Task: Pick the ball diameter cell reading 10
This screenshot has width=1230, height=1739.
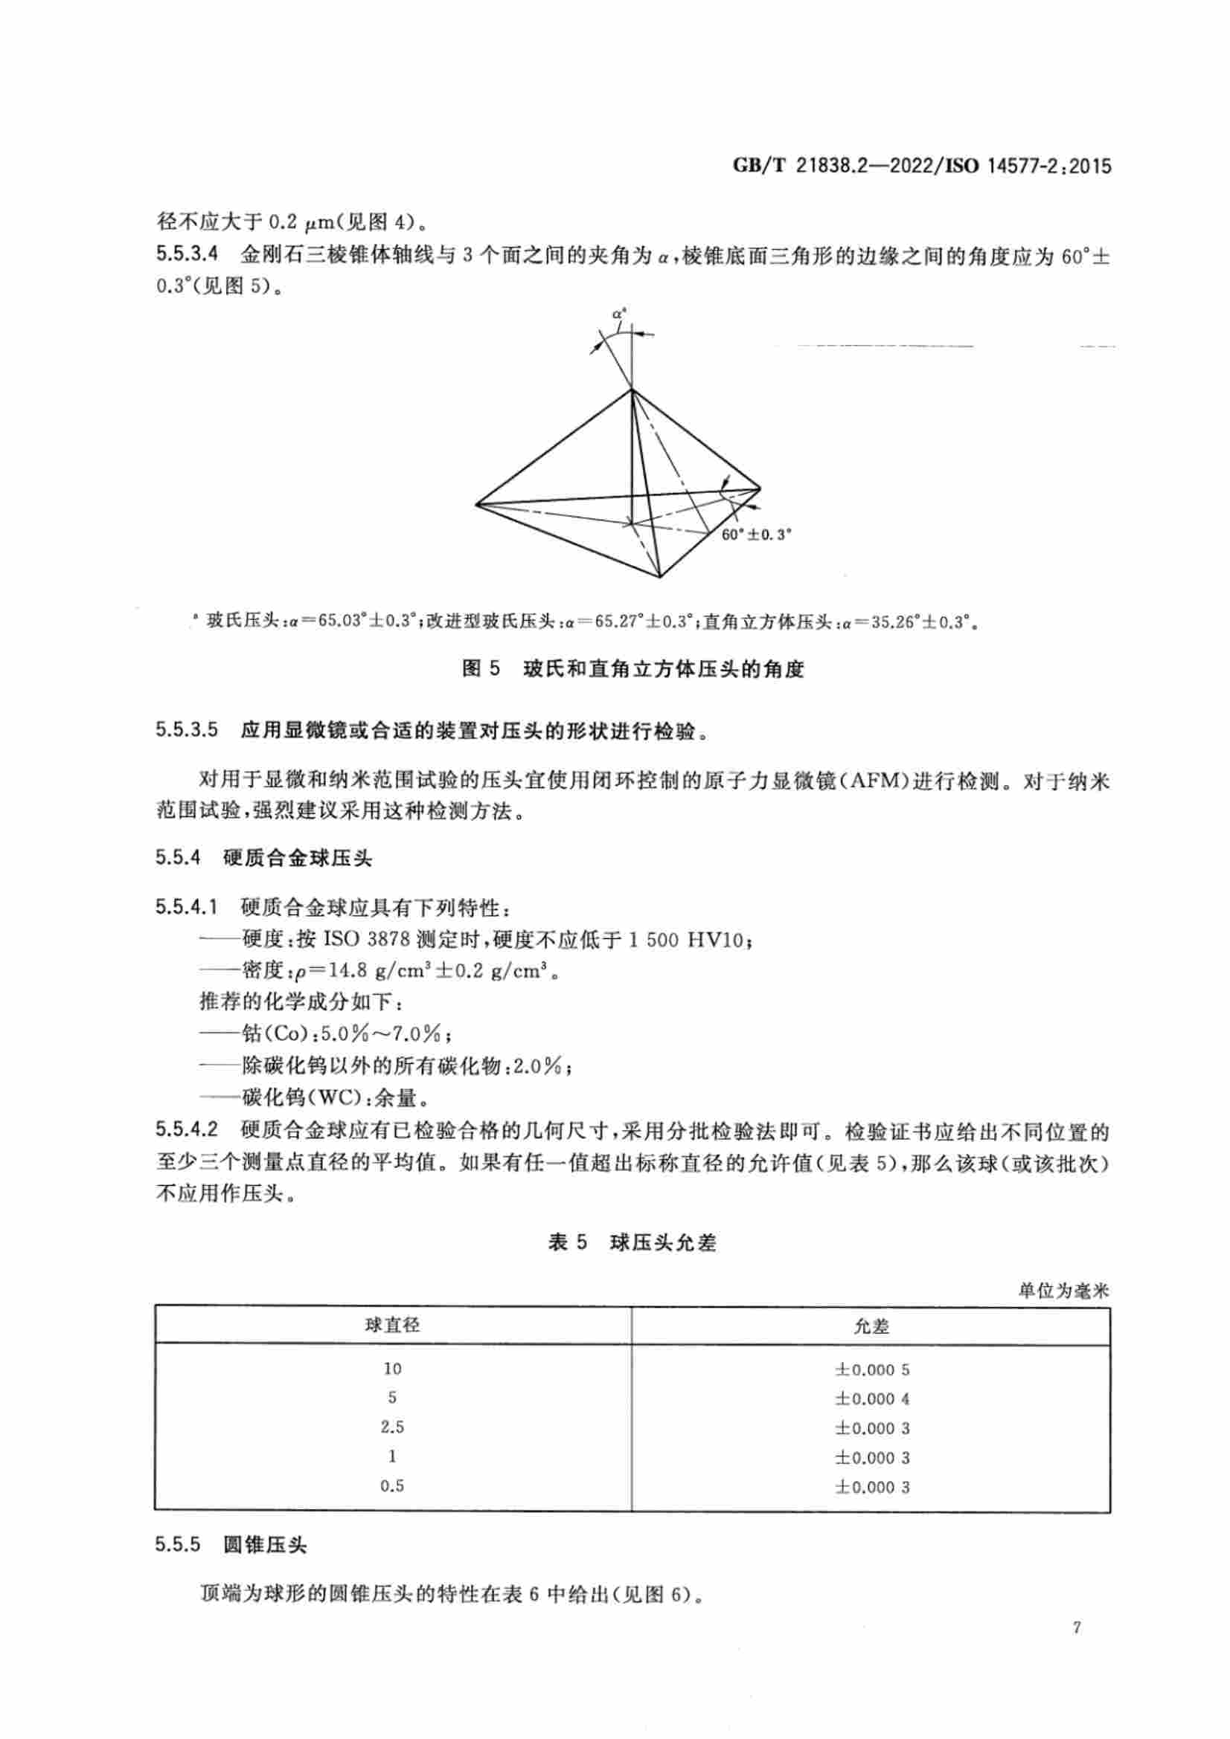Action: [392, 1369]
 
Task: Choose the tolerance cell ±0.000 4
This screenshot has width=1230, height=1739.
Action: [871, 1398]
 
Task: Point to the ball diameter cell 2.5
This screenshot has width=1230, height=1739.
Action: [392, 1427]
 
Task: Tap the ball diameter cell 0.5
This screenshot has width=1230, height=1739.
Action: [392, 1486]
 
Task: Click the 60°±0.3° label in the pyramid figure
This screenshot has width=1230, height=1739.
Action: [755, 534]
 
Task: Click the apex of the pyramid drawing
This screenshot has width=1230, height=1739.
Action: [631, 390]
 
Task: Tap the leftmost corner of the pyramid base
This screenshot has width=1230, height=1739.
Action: [477, 503]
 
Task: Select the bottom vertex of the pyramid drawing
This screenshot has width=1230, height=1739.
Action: [660, 577]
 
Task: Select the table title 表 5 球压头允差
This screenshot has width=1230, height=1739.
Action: [632, 1243]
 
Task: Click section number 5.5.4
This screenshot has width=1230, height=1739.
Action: [178, 857]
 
